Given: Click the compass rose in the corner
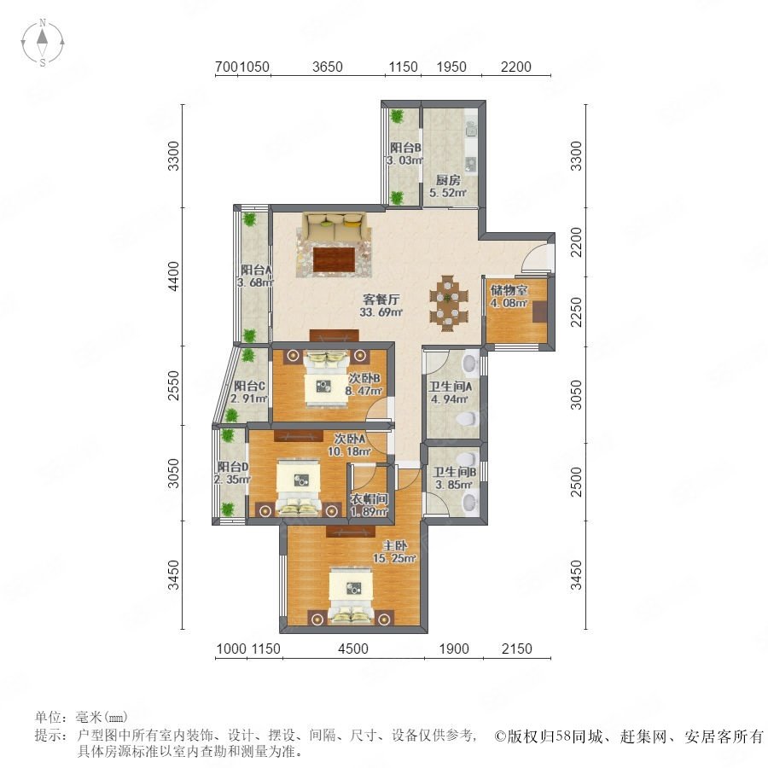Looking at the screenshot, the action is point(43,43).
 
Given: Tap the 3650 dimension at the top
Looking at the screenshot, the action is point(327,67).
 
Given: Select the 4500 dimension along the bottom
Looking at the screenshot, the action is point(352,649).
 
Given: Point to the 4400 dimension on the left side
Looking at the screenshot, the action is point(174,276).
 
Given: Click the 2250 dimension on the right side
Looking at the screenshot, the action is point(577,312).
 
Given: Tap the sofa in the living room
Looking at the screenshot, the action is point(335,226).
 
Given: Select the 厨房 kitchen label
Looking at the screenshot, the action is point(448,180).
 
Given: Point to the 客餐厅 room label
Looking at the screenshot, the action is point(381,299).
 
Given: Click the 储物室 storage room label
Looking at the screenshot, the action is point(509,290).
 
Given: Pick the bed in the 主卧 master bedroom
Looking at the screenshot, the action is point(351,596).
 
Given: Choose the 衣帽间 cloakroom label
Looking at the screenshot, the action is point(369,499).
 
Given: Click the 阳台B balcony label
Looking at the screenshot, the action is point(405,147).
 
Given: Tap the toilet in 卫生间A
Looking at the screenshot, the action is point(466,419).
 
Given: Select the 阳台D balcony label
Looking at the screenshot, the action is point(233,466).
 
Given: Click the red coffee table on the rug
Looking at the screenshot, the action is point(334,259).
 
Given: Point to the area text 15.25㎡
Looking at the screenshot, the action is point(395,558).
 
